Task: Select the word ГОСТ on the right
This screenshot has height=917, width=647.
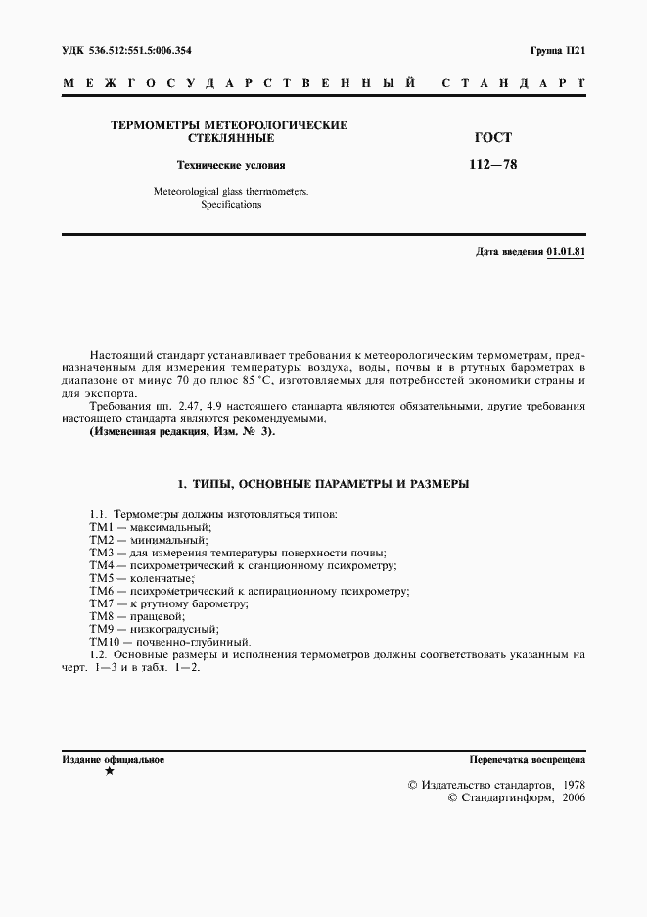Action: coord(494,139)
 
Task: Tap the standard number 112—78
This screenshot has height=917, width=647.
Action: coord(494,165)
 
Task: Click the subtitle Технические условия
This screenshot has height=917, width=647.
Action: coord(230,165)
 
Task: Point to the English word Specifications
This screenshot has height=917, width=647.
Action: coord(231,205)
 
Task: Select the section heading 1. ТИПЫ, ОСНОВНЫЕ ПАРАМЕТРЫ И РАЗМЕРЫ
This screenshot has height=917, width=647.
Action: coord(323,484)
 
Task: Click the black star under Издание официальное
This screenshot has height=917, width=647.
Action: coord(109,772)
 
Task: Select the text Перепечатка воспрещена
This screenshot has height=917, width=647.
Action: coord(527,759)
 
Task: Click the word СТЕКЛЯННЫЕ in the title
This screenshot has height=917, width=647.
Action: coord(230,139)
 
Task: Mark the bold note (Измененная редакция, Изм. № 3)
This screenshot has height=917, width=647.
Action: coord(182,431)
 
